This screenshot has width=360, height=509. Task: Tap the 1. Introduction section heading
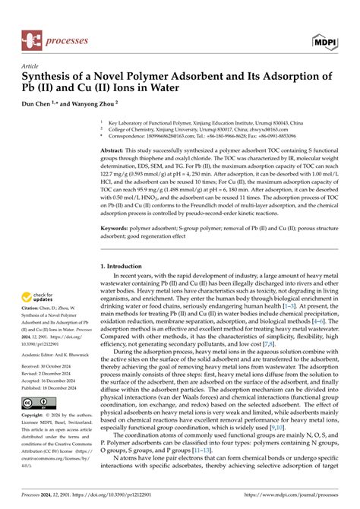coord(126,267)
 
